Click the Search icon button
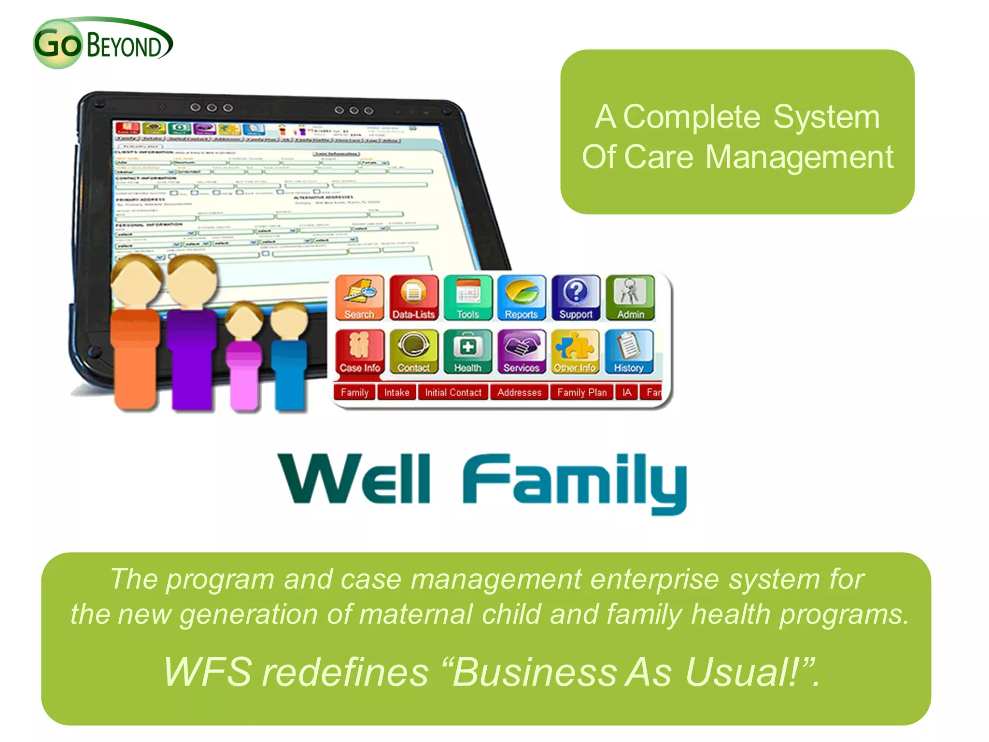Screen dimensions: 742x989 tap(359, 298)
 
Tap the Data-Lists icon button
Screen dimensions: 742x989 tap(413, 298)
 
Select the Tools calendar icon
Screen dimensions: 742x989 tap(467, 298)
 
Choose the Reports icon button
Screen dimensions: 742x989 tap(522, 298)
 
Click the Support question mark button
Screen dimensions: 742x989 tap(576, 298)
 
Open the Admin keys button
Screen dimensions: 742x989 tap(630, 298)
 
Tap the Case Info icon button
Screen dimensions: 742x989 tap(359, 352)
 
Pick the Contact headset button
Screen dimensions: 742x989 tap(413, 352)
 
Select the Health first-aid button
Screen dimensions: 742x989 tap(467, 352)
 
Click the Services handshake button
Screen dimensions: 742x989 tap(522, 352)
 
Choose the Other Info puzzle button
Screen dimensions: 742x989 tap(575, 352)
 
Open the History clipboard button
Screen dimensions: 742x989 tap(629, 352)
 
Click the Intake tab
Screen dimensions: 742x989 tap(396, 392)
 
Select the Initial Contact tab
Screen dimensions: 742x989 tap(453, 392)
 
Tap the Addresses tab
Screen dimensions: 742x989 tap(519, 392)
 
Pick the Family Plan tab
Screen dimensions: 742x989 tap(581, 392)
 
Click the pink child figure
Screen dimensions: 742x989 tap(245, 357)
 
